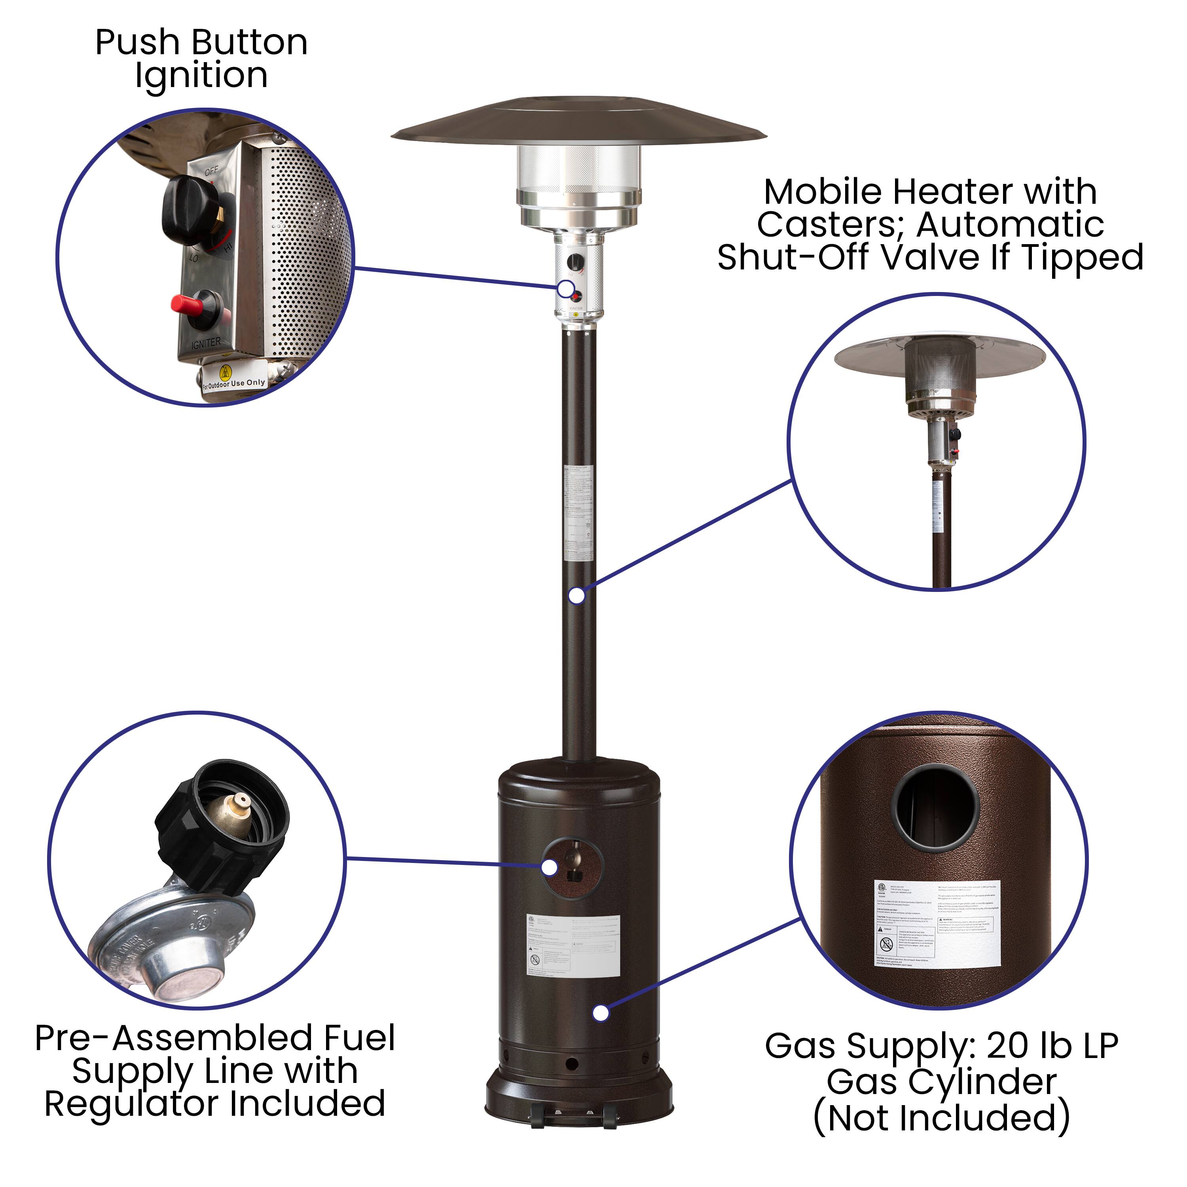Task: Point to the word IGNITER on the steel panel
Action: click(x=206, y=343)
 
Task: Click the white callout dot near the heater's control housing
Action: click(x=566, y=289)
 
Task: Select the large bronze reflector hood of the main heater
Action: click(x=579, y=123)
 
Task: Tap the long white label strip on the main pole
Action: click(x=578, y=513)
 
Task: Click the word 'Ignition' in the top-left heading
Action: click(x=201, y=76)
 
